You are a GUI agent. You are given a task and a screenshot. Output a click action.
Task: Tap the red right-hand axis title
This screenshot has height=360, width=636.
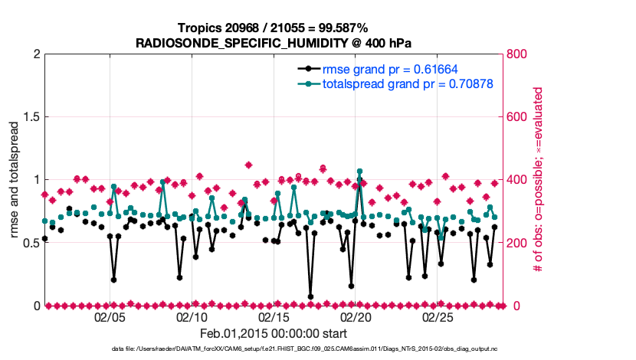click(x=539, y=180)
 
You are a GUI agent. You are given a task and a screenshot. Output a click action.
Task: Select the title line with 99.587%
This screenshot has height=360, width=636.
click(x=274, y=28)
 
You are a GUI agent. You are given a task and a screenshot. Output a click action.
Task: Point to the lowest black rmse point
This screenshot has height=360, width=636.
click(x=310, y=296)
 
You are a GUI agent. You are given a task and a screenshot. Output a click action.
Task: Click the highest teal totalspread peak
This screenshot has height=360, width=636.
click(x=359, y=172)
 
